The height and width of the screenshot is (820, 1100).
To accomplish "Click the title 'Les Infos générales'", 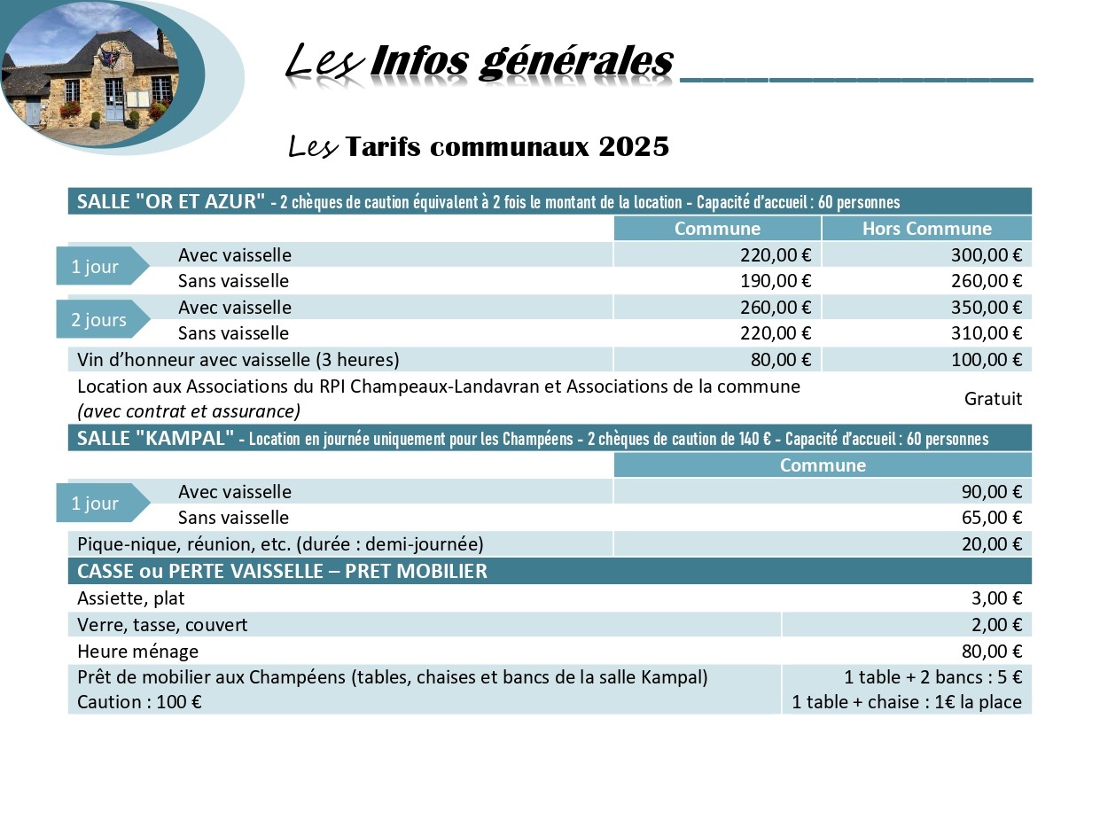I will point(479,62).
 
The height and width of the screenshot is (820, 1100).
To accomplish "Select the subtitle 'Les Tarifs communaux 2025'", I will point(479,146).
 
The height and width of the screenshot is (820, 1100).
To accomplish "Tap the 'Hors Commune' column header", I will point(926,229).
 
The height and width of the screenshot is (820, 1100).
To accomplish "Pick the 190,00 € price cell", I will point(776,281).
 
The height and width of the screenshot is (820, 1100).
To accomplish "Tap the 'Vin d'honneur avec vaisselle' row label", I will point(238,360).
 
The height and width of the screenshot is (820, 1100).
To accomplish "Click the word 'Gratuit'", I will point(993,399).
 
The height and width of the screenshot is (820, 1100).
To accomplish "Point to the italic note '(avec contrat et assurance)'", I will point(189,411).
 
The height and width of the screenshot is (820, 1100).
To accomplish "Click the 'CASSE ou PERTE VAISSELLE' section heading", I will point(282,571).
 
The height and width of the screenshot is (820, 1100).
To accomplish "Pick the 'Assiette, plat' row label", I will point(131,598).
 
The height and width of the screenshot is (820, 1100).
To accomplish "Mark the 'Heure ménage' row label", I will point(137,652).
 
